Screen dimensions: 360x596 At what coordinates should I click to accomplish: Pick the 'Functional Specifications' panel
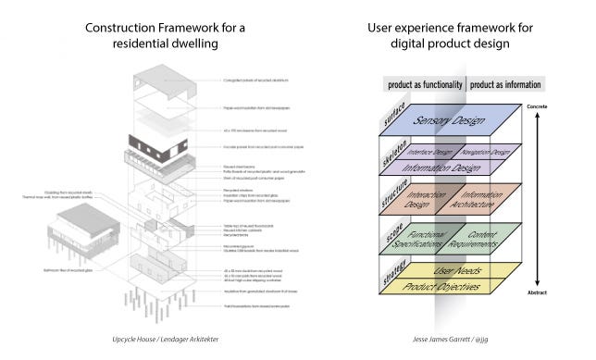pos(423,243)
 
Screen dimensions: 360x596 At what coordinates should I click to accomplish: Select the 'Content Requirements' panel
pos(477,243)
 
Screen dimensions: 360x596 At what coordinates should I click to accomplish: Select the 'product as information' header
pos(504,85)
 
